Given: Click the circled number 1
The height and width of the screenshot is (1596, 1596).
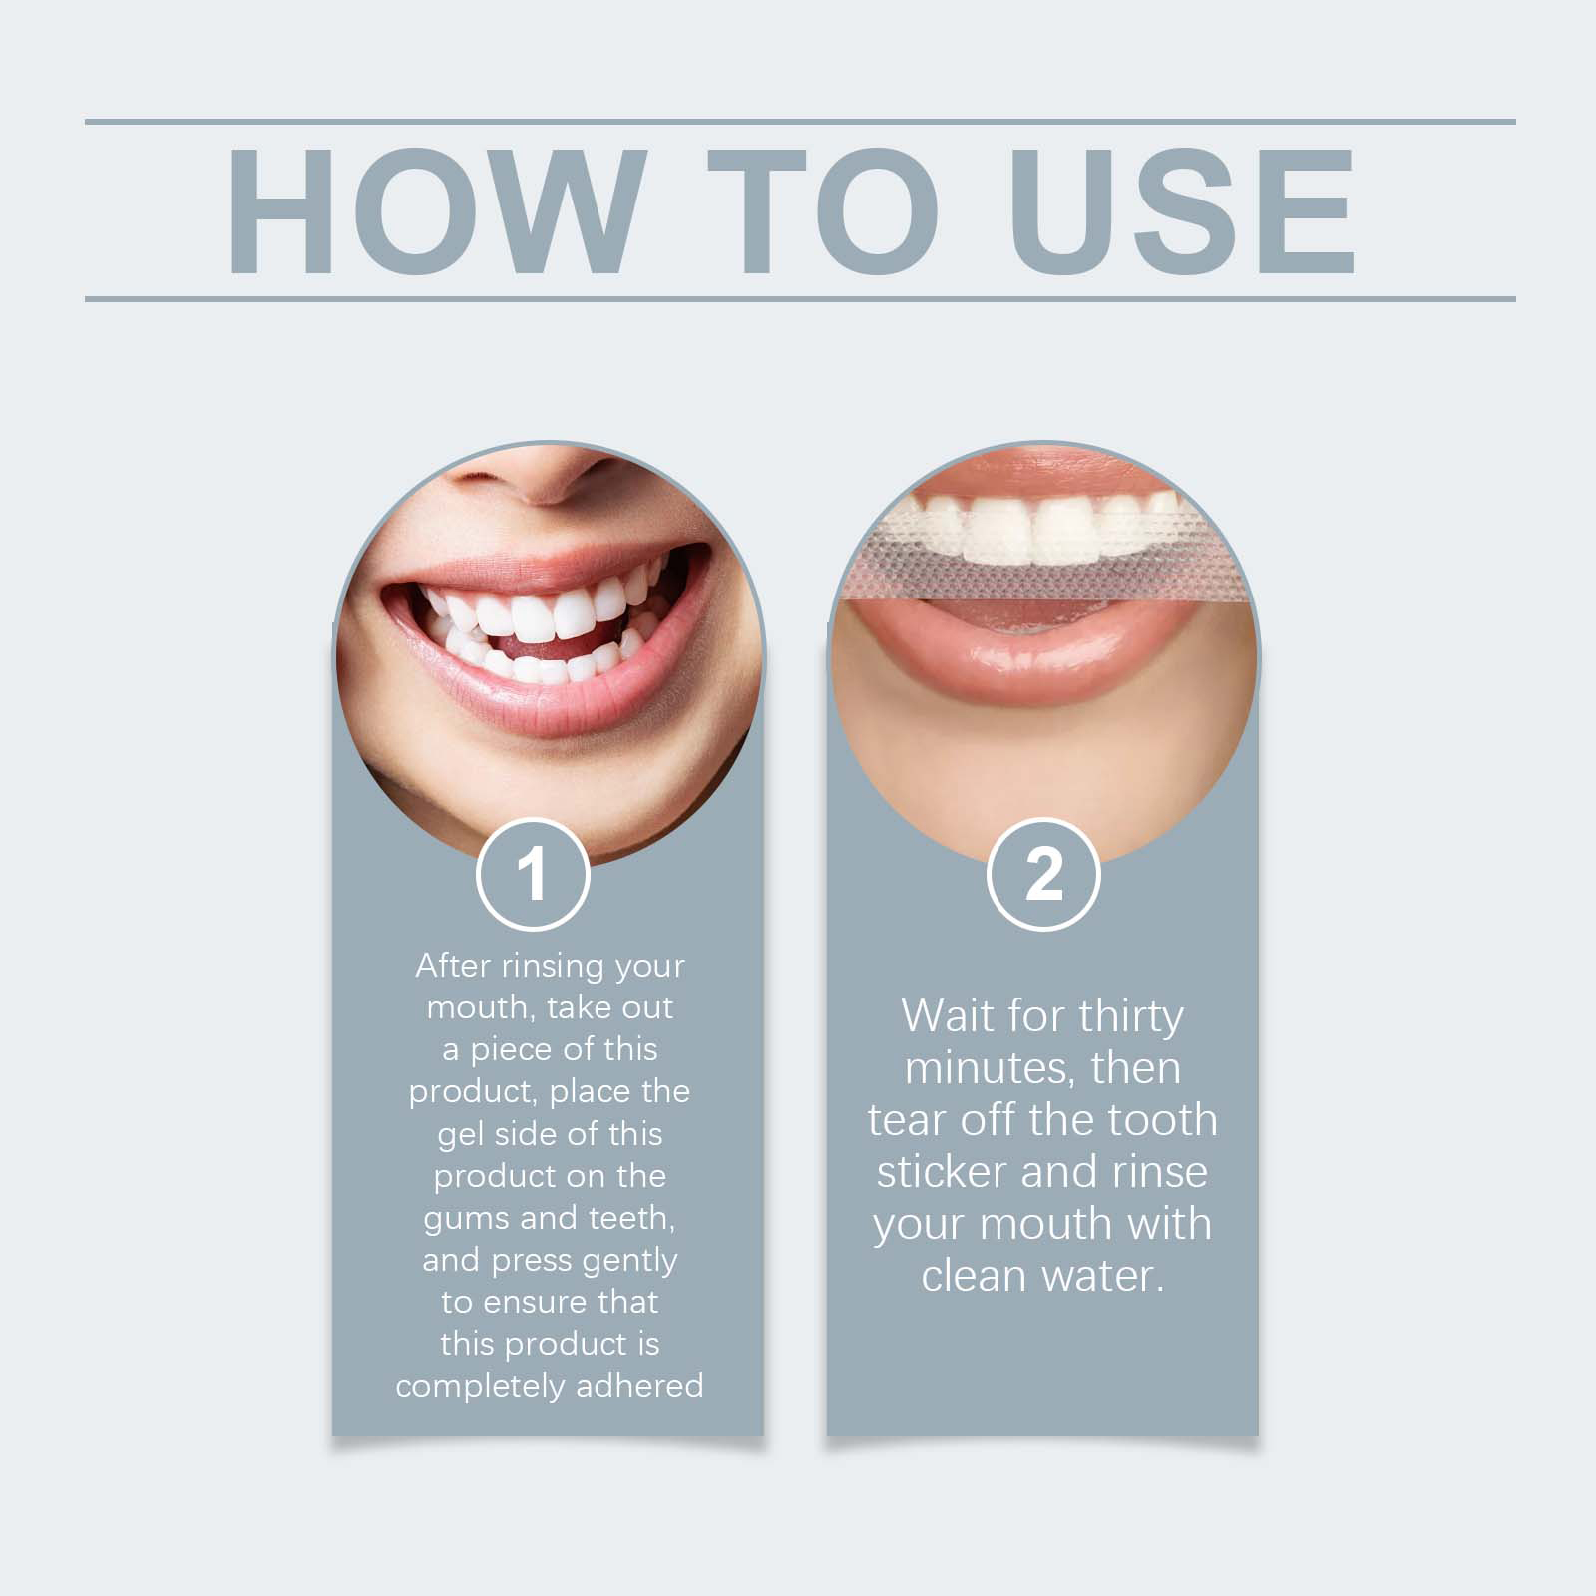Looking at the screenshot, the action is pos(533,874).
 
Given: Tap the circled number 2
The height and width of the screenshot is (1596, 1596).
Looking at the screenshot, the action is pos(1043,874).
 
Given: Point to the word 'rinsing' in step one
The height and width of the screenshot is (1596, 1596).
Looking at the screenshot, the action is pos(553,967).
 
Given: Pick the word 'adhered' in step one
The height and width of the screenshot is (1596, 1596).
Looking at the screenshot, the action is pos(640,1385).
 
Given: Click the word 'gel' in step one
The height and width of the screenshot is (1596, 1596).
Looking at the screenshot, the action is pos(459,1135).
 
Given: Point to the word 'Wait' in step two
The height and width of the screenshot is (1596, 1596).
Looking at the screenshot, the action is pos(948,1016).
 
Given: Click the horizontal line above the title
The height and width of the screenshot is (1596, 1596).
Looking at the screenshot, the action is pos(800,122).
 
